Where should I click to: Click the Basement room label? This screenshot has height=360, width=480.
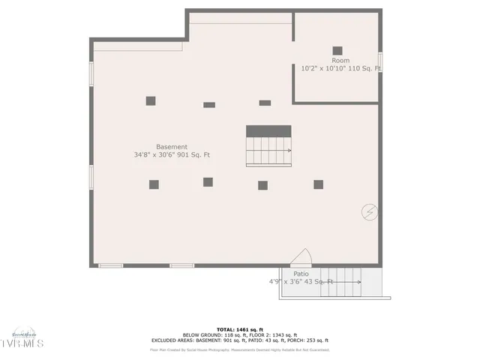(172, 146)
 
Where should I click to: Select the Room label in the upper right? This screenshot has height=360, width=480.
(340, 60)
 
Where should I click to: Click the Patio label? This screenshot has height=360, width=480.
(301, 274)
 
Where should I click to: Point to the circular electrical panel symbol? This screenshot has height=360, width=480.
(369, 212)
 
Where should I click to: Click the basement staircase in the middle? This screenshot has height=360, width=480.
(268, 151)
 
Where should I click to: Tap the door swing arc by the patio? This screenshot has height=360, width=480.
(301, 256)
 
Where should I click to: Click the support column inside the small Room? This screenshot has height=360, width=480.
(337, 51)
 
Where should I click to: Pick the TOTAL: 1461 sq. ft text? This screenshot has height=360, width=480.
(240, 329)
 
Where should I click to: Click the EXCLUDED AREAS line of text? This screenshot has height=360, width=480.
(240, 340)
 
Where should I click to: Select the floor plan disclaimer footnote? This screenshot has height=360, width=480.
(240, 349)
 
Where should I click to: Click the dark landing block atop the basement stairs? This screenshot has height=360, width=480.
(268, 131)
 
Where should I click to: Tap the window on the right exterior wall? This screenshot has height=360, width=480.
(380, 61)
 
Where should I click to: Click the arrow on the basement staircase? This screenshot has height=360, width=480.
(288, 151)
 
